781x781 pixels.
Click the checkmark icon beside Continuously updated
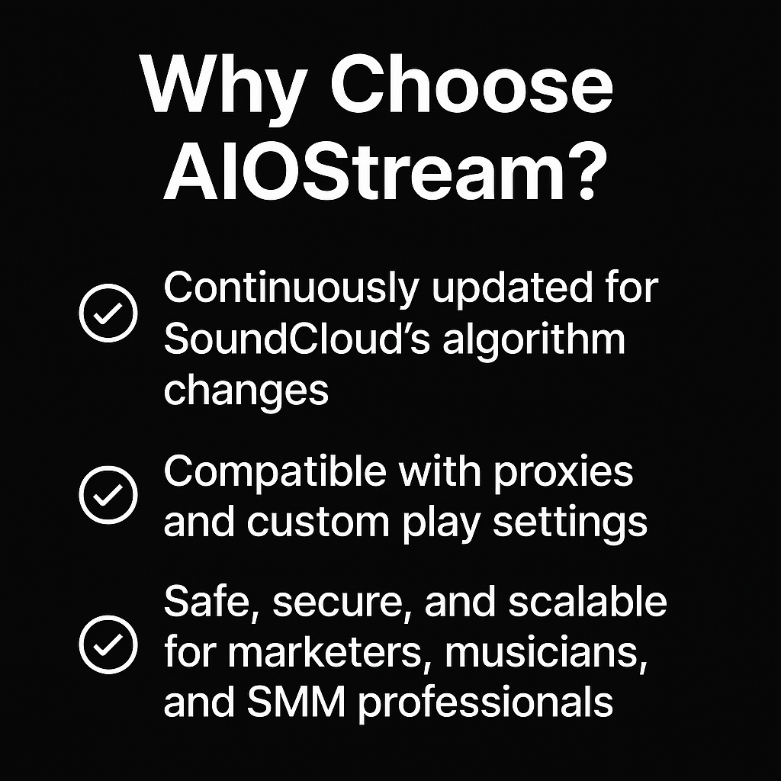(x=108, y=313)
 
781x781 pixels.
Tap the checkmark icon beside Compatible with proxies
(x=108, y=494)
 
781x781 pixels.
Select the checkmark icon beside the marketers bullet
(x=108, y=644)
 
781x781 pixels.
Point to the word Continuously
(x=291, y=289)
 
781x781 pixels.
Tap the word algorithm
(x=533, y=339)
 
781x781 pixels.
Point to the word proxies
(x=564, y=473)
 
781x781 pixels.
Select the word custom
(x=318, y=523)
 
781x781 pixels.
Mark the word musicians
(x=546, y=653)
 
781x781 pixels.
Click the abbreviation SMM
(x=296, y=702)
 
